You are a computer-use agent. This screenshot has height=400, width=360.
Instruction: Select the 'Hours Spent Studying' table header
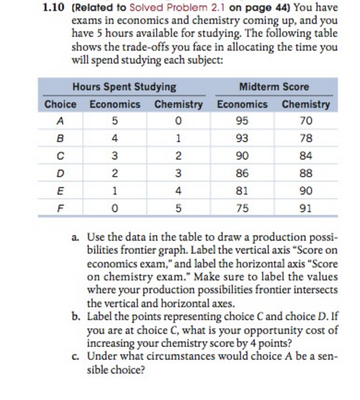pyautogui.click(x=124, y=87)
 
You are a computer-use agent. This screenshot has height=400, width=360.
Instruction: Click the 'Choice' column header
pyautogui.click(x=60, y=104)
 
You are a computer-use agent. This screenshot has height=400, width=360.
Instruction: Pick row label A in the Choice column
pyautogui.click(x=60, y=121)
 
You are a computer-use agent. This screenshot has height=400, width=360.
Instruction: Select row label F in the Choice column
pyautogui.click(x=60, y=208)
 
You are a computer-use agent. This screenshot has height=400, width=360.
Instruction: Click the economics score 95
pyautogui.click(x=242, y=121)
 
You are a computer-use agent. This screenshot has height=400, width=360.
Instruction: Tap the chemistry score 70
pyautogui.click(x=306, y=121)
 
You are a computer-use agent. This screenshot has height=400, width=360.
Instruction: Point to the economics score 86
pyautogui.click(x=242, y=173)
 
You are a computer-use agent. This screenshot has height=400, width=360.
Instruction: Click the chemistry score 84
pyautogui.click(x=306, y=156)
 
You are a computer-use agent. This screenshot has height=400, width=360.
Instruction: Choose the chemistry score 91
pyautogui.click(x=306, y=208)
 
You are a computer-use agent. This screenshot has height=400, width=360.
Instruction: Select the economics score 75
pyautogui.click(x=242, y=208)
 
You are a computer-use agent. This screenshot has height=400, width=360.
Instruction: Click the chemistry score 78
pyautogui.click(x=306, y=139)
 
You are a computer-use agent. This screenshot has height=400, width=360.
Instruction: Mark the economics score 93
pyautogui.click(x=242, y=139)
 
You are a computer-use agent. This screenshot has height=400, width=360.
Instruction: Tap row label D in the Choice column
pyautogui.click(x=60, y=173)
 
